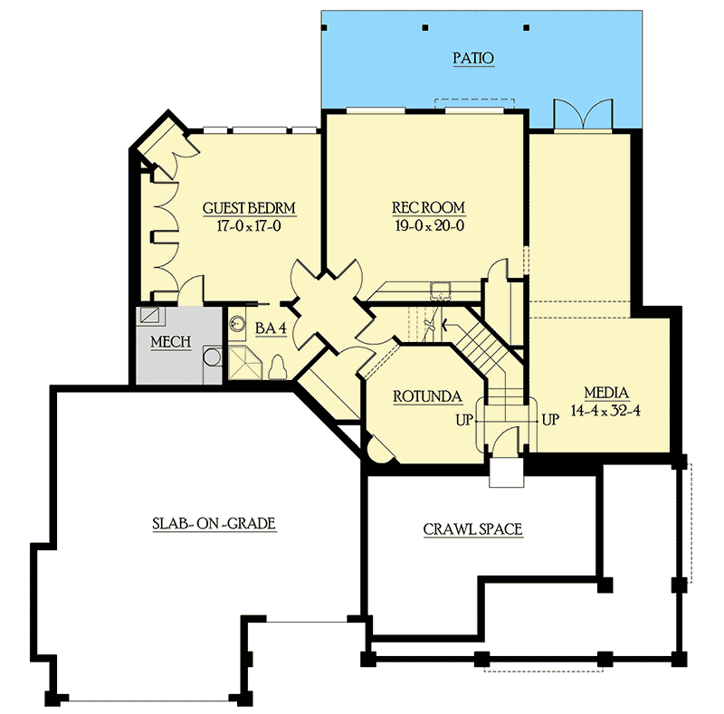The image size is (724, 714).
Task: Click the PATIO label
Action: [473, 58]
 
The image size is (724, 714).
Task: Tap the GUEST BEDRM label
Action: [249, 208]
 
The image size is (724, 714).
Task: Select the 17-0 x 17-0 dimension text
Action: [249, 226]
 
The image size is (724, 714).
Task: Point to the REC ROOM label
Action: [428, 208]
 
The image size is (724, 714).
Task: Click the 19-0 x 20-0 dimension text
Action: [429, 225]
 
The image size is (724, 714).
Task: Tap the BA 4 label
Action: [271, 328]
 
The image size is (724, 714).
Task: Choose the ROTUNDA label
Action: [427, 396]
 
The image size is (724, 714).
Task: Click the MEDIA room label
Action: [606, 393]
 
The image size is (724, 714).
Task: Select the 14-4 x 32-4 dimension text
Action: [605, 411]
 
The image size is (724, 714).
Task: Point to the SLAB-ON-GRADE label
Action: [214, 524]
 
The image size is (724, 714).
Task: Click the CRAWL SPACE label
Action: [472, 529]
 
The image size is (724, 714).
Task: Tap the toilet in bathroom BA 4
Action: [278, 368]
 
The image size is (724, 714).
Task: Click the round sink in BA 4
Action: [238, 323]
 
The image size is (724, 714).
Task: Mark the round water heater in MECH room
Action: [213, 357]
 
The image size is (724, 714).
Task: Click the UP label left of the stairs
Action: [464, 420]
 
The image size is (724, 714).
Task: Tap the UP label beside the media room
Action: [550, 420]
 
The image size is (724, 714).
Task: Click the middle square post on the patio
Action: [424, 28]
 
